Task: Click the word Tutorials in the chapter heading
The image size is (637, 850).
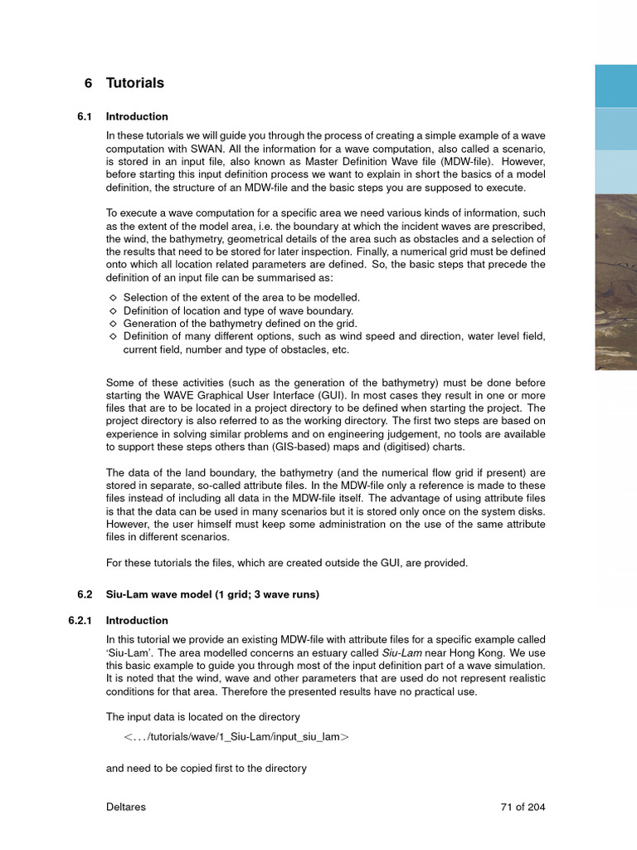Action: coord(134,83)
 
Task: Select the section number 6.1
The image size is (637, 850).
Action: coord(87,117)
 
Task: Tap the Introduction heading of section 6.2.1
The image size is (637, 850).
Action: coord(137,620)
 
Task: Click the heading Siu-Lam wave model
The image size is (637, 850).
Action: coord(166,594)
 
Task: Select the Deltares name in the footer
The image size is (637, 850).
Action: coord(126,807)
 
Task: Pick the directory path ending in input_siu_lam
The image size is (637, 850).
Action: coord(236,737)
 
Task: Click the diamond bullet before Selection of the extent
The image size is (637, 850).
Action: coord(113,297)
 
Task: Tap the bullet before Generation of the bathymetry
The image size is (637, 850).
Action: coord(113,324)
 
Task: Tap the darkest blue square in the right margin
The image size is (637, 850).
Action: coord(615,85)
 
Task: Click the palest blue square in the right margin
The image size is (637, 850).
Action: coord(615,171)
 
